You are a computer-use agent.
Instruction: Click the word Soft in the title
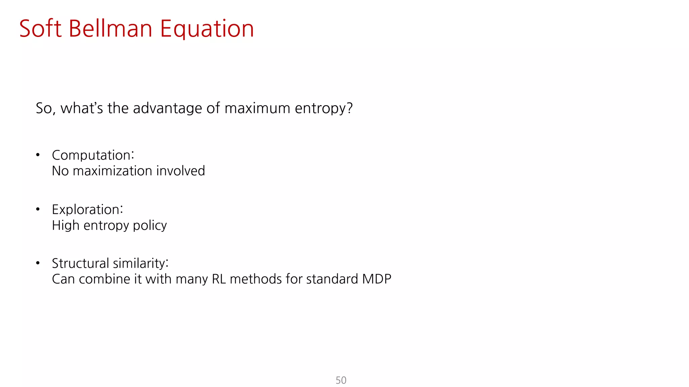pos(40,29)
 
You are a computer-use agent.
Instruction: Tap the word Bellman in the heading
pos(110,29)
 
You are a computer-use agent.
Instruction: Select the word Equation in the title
pos(207,29)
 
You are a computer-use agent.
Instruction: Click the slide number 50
pos(341,380)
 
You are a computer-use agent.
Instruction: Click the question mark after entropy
pos(350,108)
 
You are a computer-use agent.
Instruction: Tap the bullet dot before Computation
pos(38,155)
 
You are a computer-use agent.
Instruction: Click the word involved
pos(180,171)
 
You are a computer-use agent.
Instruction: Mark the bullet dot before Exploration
pos(38,209)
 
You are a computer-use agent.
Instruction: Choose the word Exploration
pos(87,210)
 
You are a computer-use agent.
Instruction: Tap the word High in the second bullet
pos(66,225)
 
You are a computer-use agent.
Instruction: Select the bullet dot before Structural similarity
pos(38,263)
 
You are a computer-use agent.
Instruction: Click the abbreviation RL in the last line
pos(219,279)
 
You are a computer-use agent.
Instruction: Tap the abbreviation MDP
pos(376,279)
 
